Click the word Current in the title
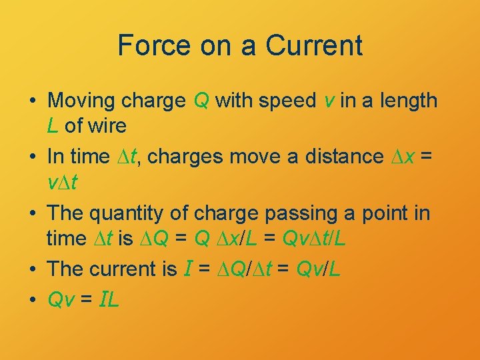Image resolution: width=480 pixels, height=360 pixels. coord(313,45)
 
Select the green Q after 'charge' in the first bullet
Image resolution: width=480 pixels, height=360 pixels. coord(201,101)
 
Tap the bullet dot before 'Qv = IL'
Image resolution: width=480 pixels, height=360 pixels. coord(32,300)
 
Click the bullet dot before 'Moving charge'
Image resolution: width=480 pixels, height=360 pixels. coord(32,101)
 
